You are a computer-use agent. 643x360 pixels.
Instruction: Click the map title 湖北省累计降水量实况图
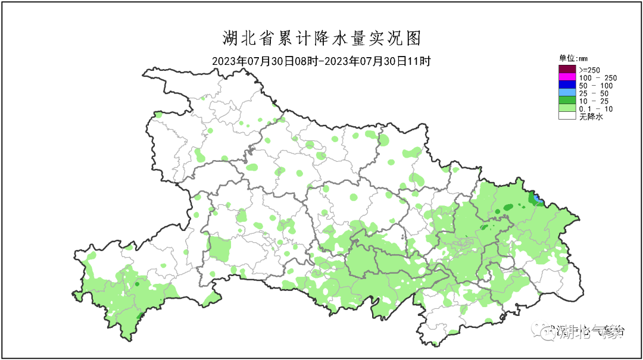(x=321, y=39)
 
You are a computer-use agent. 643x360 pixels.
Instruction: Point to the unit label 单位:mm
(x=573, y=58)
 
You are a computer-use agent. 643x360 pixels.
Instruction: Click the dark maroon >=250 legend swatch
(x=567, y=70)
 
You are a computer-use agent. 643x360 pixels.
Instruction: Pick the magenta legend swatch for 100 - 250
(x=567, y=78)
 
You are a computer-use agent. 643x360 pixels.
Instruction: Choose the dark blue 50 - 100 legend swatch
(x=567, y=86)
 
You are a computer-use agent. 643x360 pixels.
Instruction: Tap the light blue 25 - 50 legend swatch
(x=567, y=93)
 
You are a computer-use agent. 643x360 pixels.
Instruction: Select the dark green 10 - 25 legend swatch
(x=567, y=101)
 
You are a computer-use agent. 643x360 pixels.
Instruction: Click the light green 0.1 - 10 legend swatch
(x=567, y=109)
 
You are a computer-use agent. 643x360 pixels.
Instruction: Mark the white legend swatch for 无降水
(x=567, y=117)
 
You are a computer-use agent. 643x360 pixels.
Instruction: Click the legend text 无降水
(x=591, y=117)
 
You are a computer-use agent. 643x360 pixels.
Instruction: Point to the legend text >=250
(x=590, y=70)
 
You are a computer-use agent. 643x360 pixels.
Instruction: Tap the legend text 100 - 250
(x=598, y=78)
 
